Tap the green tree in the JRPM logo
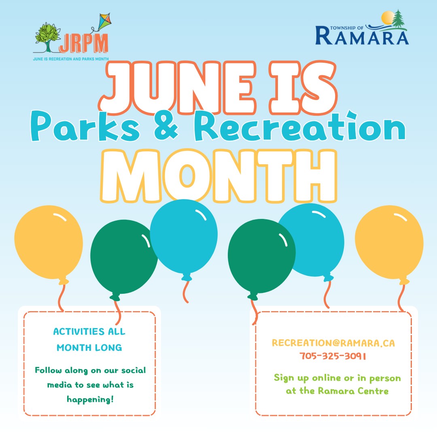tap(47, 37)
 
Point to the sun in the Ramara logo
tap(388, 17)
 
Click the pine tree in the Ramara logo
tap(398, 19)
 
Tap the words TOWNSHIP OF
tap(347, 28)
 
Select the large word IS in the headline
tap(303, 87)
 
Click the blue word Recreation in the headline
tap(300, 126)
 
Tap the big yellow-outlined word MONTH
tap(219, 176)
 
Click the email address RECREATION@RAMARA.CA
tap(333, 343)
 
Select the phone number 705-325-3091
tap(333, 356)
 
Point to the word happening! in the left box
tap(90, 399)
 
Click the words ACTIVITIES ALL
tap(89, 331)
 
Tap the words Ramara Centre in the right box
tap(353, 391)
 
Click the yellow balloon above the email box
tap(389, 242)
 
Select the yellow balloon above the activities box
tap(49, 242)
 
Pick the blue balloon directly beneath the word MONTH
tap(184, 237)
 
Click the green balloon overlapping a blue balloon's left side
tap(261, 257)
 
